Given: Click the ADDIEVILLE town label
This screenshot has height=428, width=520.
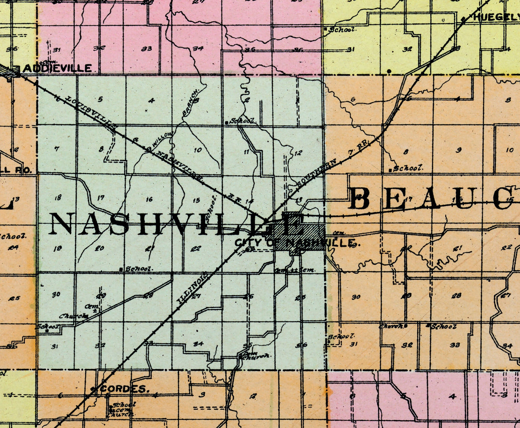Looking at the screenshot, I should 57,68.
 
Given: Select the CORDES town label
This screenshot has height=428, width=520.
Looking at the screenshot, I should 124,389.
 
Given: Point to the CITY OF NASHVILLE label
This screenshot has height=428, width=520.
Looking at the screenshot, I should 296,243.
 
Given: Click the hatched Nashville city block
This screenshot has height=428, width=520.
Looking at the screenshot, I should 300,231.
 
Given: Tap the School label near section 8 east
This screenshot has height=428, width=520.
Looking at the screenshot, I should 408,168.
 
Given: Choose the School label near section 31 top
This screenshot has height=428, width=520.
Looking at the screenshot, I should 341,30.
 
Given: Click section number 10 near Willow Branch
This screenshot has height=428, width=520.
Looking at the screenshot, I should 197,150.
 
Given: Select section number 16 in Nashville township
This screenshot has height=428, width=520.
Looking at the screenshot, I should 149,199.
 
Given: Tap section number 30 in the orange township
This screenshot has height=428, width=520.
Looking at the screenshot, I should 356,297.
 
